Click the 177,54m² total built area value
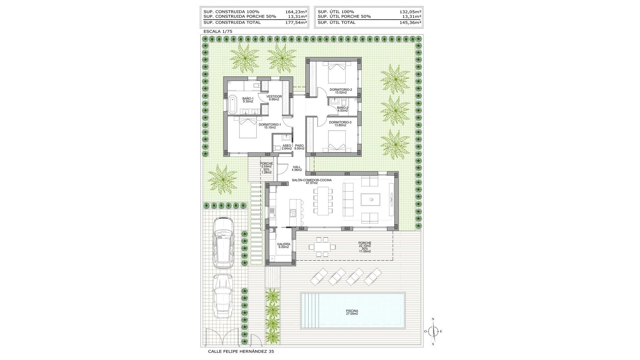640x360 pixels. pos(296,23)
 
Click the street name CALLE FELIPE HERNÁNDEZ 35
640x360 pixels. pos(242,351)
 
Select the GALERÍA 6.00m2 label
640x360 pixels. pos(284,245)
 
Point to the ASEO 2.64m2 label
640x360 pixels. pos(286,147)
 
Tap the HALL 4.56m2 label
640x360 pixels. pos(297,168)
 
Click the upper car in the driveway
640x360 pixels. pos(224,242)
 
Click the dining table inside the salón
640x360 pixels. pos(323,201)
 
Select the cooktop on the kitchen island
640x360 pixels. pos(293,212)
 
